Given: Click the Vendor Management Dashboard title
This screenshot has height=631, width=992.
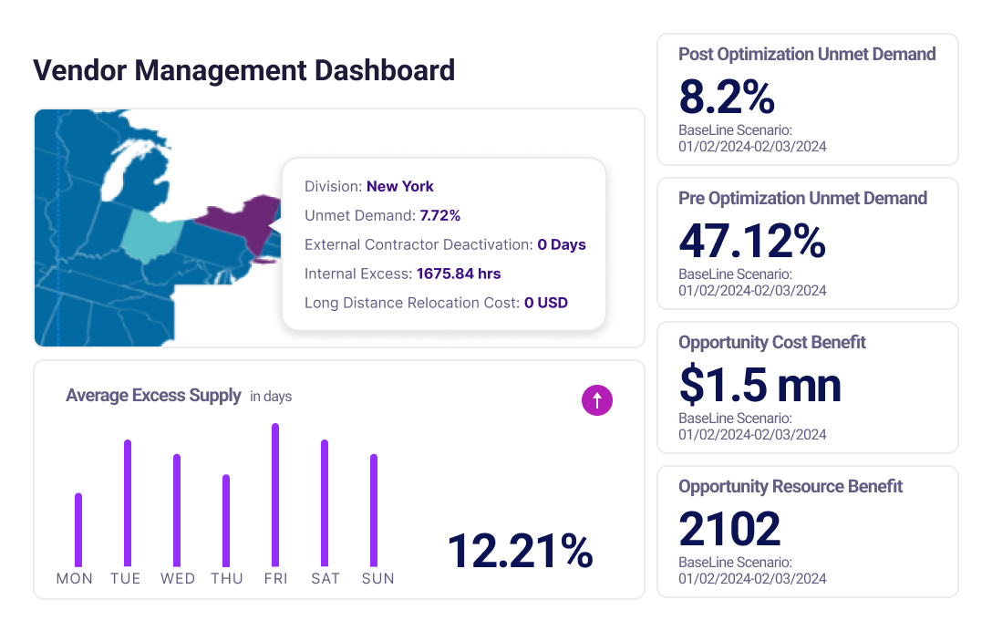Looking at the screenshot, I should coord(243,70).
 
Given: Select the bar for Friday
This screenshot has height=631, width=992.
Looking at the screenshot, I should coord(275,495).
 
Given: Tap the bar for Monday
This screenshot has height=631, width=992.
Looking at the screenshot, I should coord(78,530).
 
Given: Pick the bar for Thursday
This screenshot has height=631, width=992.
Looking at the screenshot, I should coord(226,521).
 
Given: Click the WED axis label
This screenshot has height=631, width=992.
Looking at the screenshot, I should coord(178,578).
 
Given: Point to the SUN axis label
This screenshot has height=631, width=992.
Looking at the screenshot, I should coord(377,578).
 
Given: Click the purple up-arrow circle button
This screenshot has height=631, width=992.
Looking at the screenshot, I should coord(597,399).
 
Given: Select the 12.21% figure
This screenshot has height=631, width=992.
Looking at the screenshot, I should coord(521,551).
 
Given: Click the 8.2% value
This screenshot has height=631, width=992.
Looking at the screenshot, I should coord(727,97).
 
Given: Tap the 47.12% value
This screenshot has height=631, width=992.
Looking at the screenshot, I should coord(752,241).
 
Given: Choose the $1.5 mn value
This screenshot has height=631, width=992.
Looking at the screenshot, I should coord(759,385).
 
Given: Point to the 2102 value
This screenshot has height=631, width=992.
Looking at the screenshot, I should coord(729,529).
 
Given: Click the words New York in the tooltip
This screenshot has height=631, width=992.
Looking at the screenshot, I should coord(400,186).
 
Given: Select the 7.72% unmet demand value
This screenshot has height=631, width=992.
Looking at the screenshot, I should coord(439,215).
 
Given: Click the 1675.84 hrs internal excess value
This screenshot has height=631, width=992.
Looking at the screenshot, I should coord(459,273).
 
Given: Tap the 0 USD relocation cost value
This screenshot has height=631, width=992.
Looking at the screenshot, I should coord(545,302).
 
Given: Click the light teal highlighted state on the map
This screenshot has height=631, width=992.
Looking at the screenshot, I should coord(150,235).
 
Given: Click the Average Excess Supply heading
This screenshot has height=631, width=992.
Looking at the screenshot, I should coord(153,396).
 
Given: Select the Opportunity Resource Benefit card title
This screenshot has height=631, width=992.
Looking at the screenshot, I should coord(790,486).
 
